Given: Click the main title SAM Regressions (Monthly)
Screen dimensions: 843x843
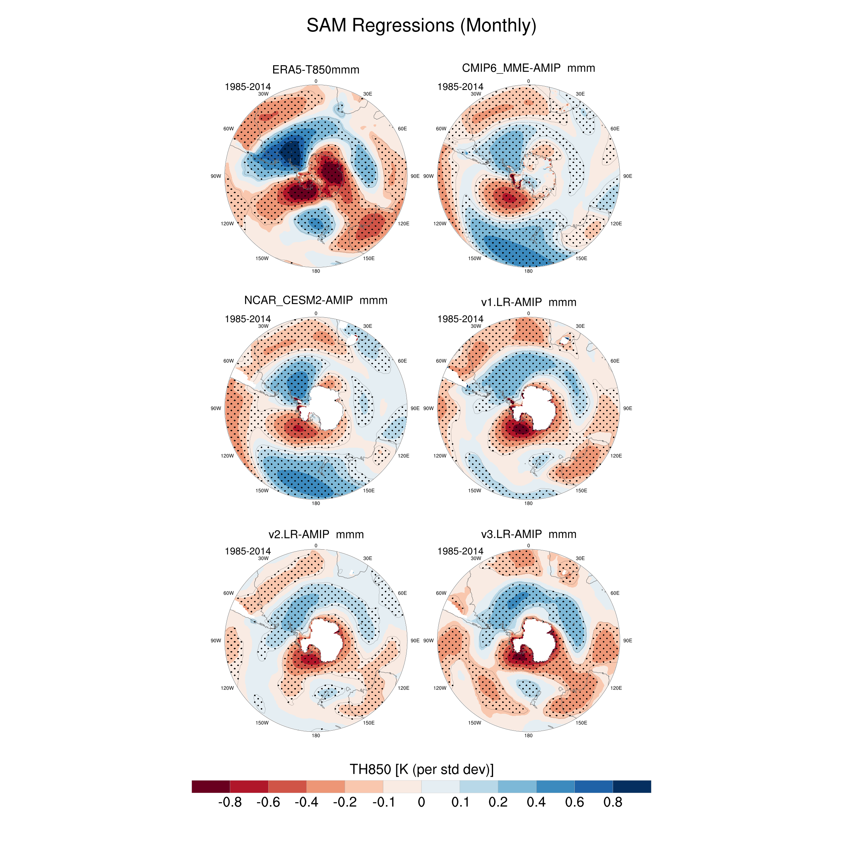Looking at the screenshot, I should point(421,25).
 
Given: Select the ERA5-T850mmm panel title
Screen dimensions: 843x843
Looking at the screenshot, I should point(315,70).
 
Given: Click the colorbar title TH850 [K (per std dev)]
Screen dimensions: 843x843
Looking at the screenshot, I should point(421,769).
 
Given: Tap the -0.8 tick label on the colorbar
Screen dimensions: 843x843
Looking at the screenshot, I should point(230,802).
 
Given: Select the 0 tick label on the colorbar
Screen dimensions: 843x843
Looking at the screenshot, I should point(421,802).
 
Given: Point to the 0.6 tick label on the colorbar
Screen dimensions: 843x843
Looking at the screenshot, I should point(574,802).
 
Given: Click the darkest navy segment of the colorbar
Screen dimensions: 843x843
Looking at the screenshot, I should point(632,786).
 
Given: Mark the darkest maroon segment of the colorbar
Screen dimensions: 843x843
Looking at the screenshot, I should point(211,786).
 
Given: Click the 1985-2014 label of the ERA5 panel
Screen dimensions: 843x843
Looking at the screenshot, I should point(247,87).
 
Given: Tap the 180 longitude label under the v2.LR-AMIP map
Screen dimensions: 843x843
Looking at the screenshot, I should point(315,735).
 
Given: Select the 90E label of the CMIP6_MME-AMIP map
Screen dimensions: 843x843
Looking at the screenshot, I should point(628,176).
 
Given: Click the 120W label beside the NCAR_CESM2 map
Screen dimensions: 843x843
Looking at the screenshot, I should point(227,456).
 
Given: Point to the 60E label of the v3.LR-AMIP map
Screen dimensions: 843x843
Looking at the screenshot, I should point(615,593).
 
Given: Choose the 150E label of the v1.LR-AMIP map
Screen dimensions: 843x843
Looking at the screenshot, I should point(581,490).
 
